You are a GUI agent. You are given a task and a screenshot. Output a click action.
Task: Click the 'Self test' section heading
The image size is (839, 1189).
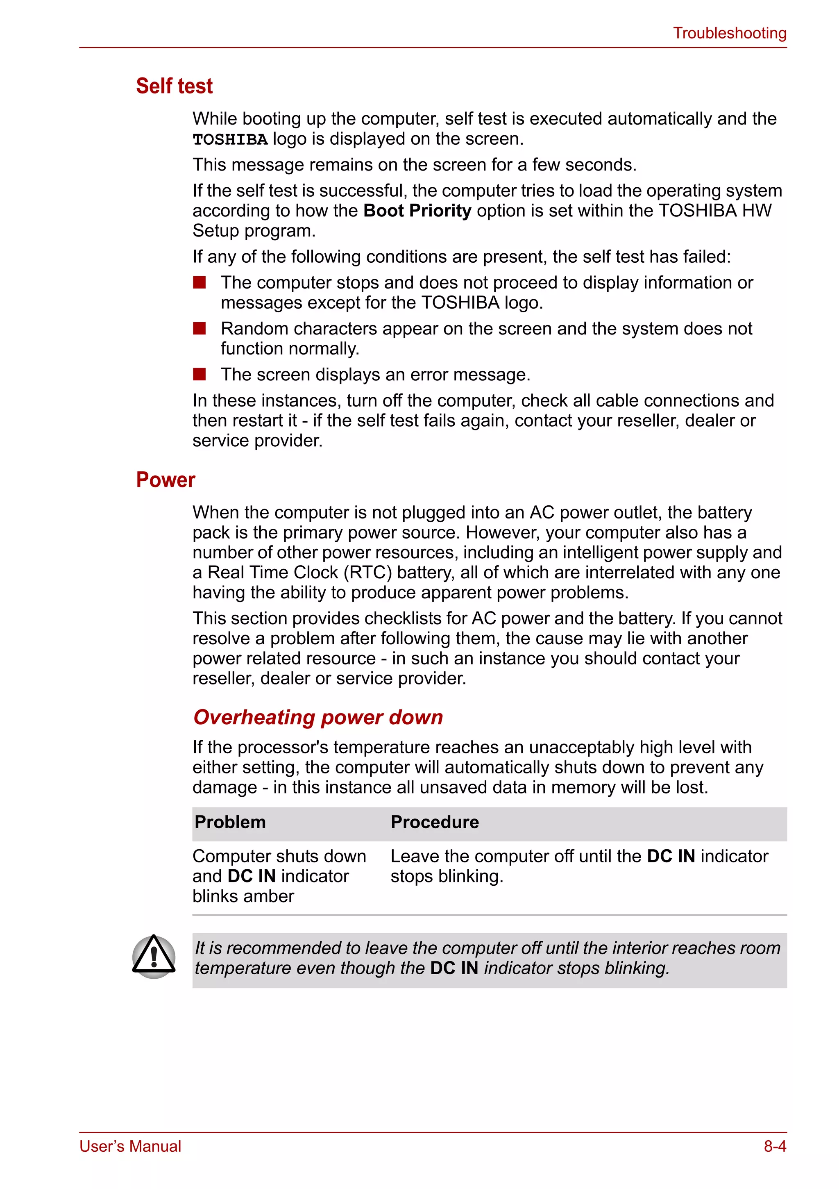174,86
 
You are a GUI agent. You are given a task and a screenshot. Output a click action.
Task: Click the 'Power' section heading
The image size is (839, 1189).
165,480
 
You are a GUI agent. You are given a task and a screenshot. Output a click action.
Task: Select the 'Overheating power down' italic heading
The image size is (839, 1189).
318,717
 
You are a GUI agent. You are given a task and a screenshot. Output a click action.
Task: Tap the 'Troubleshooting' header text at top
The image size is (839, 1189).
729,33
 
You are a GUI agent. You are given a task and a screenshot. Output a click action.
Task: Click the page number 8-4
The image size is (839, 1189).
775,1146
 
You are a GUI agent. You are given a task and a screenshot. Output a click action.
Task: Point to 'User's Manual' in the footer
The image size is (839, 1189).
130,1146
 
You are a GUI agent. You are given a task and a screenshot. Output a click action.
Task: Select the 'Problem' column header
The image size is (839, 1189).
230,822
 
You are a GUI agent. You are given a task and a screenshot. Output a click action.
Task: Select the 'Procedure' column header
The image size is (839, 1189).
434,822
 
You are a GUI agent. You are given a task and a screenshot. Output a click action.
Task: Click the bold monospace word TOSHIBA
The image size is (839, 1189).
230,140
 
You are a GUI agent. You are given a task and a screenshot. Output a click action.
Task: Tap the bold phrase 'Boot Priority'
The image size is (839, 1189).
417,211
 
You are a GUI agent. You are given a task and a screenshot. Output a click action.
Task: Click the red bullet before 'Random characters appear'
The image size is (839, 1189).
199,328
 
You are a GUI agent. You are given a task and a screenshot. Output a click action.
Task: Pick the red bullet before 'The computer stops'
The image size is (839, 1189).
199,282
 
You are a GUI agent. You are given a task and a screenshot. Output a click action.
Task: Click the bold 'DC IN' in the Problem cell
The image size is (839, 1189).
251,876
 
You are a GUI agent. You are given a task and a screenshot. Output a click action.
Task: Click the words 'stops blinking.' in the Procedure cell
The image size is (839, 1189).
447,876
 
